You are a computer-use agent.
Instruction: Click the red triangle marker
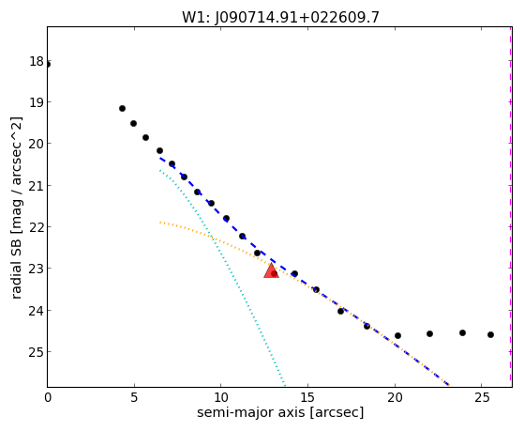coord(271,271)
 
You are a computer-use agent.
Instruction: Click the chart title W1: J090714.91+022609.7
coord(280,18)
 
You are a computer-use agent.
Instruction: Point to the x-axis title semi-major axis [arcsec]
coord(280,412)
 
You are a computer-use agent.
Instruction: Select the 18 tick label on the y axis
coord(37,61)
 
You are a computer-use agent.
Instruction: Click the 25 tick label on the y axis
coord(37,352)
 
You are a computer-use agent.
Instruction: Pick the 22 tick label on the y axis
coord(37,227)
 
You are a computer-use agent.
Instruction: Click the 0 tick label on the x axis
coord(48,397)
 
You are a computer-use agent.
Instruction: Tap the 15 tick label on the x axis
coord(307,397)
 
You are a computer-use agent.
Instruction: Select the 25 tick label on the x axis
coord(481,397)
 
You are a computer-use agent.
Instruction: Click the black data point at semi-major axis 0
coord(48,64)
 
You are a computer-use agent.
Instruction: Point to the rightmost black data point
coord(490,334)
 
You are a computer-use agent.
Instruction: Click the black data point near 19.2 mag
coord(122,109)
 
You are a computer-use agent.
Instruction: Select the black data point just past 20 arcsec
coord(397,335)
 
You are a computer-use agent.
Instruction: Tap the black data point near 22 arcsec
coord(429,334)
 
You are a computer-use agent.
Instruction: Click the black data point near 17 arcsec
coord(340,311)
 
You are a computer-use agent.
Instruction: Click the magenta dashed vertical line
coord(510,207)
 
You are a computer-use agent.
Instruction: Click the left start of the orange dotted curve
coord(160,222)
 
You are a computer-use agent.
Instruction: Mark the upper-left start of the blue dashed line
coord(160,158)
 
